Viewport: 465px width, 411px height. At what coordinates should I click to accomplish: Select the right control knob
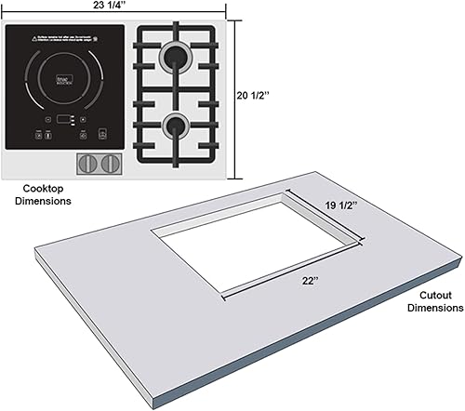(x=110, y=164)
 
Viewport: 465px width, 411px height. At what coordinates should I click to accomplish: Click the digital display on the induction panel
(x=65, y=118)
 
